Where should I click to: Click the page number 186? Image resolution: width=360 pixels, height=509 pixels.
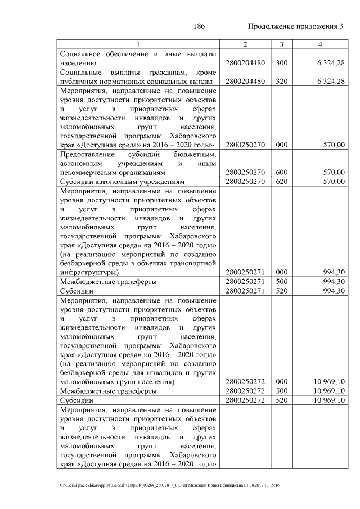pos(199,26)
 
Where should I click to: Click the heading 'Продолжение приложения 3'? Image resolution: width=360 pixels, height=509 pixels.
pos(295,26)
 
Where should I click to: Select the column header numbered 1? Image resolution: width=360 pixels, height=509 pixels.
pos(138,44)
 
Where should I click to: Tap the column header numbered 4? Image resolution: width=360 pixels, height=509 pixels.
pos(319,44)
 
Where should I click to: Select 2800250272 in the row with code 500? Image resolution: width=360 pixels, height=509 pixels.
pos(245,390)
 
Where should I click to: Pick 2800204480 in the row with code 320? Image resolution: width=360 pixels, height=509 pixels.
pos(245,82)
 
